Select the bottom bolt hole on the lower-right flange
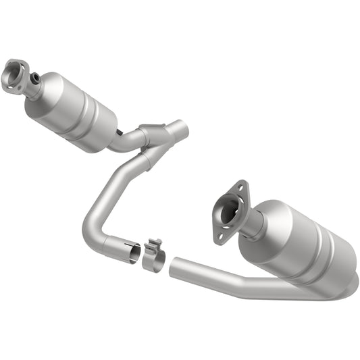(217, 236)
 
